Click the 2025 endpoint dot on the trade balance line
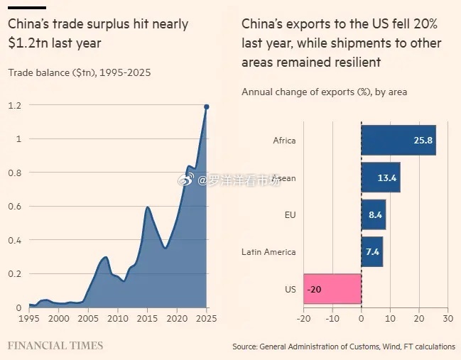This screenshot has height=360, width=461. [207, 107]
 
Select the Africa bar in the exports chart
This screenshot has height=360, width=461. [398, 140]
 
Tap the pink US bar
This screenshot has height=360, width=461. [332, 289]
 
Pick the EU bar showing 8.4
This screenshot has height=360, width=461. [374, 214]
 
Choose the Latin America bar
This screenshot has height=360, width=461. [372, 251]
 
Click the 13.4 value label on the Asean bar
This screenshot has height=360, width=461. [386, 178]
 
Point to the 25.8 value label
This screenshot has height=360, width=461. [423, 140]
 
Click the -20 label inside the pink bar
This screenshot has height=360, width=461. [315, 289]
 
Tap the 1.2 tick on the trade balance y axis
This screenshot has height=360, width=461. [15, 105]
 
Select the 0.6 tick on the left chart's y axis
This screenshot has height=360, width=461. [15, 207]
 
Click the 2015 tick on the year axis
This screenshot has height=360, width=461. [147, 319]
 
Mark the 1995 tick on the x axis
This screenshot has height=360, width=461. [28, 319]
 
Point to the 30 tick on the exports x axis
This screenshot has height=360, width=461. [447, 319]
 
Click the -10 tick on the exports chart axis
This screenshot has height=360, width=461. [332, 319]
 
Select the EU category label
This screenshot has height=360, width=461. [289, 215]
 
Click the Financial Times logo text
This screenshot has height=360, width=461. [55, 346]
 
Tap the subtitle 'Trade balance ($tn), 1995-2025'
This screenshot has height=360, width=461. [79, 72]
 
